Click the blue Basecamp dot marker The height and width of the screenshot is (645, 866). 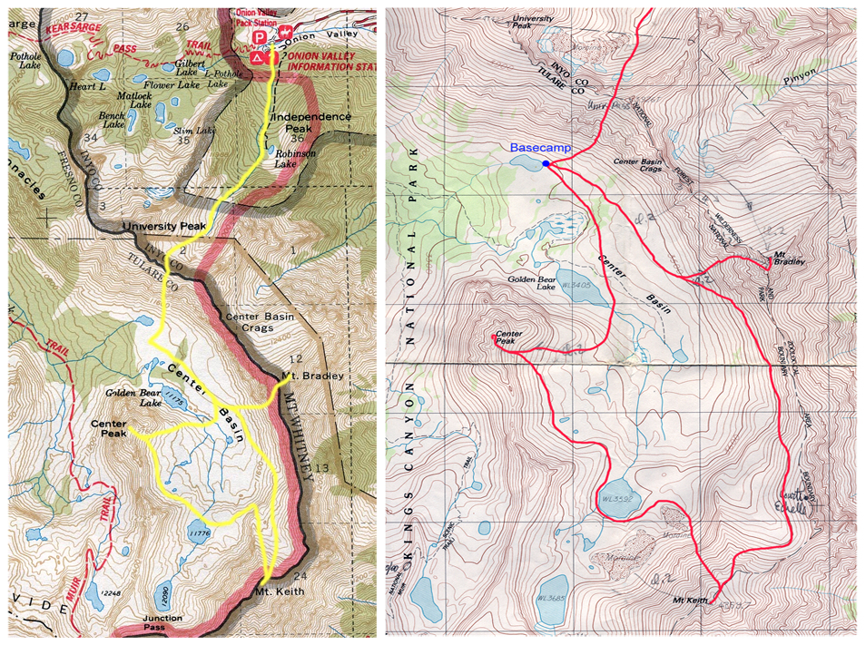click(x=546, y=163)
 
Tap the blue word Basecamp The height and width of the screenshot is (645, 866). click(x=536, y=147)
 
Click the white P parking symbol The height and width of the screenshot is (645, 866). click(x=260, y=35)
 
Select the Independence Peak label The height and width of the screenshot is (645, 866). click(x=311, y=122)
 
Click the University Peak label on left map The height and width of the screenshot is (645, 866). click(x=164, y=226)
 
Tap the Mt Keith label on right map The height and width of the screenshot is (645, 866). click(x=688, y=601)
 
